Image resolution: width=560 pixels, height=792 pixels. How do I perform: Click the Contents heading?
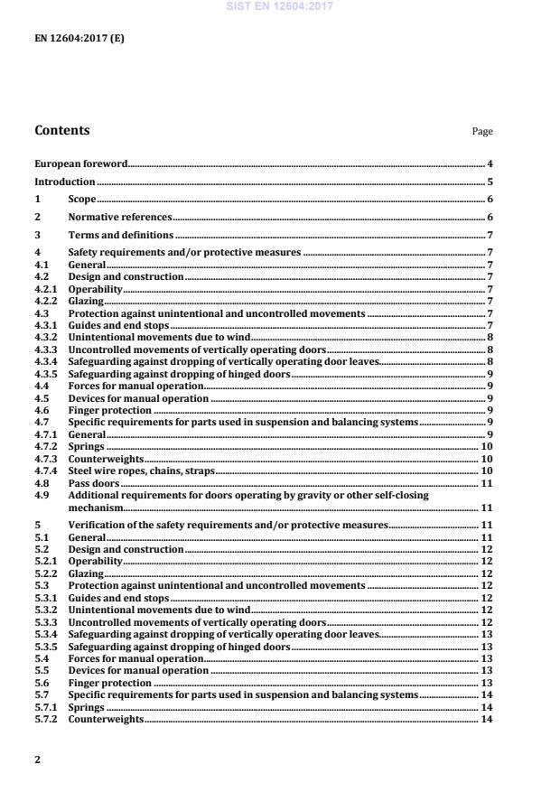[62, 130]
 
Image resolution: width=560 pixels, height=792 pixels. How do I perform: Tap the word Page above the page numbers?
[482, 132]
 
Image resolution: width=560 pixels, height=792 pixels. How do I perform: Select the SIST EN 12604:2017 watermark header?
[279, 5]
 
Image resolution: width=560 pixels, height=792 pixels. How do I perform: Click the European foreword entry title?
[80, 163]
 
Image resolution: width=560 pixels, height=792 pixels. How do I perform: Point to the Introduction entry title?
[65, 181]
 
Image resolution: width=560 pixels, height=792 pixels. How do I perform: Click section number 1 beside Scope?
[37, 199]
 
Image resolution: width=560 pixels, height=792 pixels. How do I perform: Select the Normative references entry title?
[120, 217]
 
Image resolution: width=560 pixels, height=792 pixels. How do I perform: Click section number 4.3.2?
[45, 335]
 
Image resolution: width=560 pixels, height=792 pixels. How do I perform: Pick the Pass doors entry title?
[93, 483]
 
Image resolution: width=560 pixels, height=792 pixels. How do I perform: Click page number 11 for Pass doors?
[486, 483]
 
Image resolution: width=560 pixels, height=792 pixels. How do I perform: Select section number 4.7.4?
[45, 471]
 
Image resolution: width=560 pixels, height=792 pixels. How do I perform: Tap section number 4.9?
[42, 495]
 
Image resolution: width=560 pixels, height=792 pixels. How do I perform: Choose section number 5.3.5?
[45, 647]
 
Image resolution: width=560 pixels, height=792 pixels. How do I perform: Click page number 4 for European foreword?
[489, 163]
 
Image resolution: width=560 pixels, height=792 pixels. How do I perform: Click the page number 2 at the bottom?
[37, 759]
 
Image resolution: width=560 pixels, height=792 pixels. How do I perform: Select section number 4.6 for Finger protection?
[42, 409]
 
